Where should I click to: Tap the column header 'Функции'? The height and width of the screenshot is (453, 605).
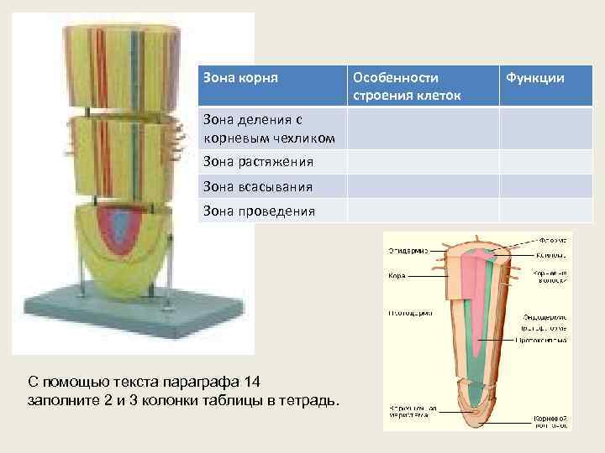pos(534,77)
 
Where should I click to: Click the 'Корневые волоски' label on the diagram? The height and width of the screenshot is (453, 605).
pos(550,277)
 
